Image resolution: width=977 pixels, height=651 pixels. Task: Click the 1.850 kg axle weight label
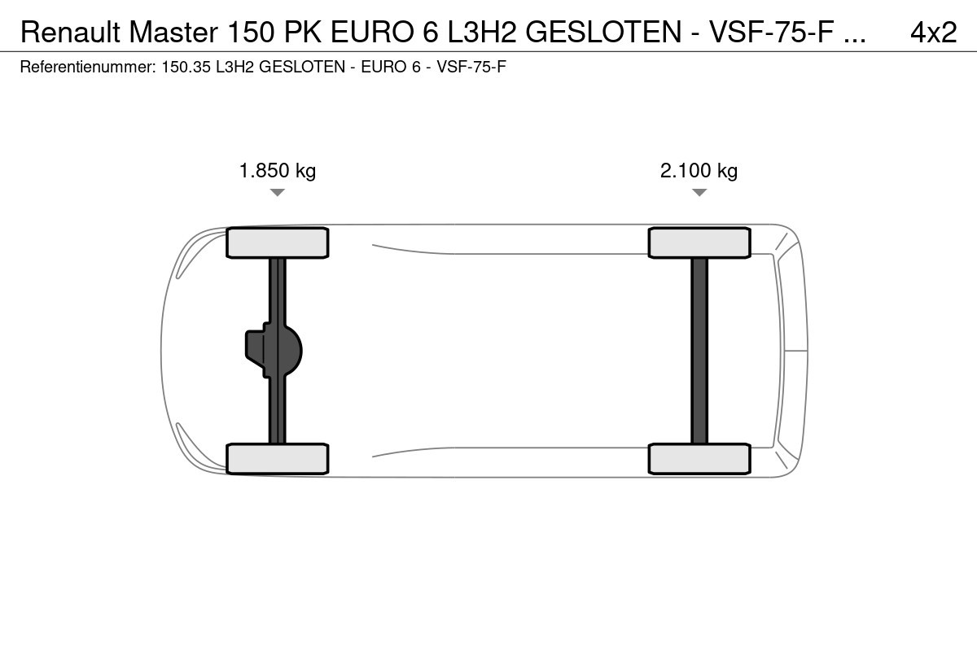(278, 171)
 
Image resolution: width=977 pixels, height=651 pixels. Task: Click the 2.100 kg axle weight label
(699, 171)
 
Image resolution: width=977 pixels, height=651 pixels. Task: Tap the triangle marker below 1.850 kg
(278, 192)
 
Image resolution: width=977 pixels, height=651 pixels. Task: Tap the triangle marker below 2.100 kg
(699, 192)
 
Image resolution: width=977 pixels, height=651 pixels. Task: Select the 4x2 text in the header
(933, 32)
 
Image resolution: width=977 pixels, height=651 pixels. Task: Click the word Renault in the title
(70, 32)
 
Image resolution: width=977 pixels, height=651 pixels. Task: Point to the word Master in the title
(173, 32)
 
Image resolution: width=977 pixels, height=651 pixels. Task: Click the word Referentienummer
(88, 67)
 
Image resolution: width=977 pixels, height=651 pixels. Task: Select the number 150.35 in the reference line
(186, 67)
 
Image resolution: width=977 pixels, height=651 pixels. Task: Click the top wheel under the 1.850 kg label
(278, 242)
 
